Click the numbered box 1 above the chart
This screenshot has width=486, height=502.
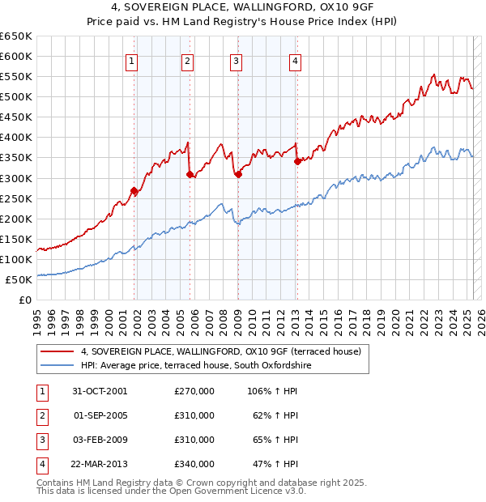coord(131,60)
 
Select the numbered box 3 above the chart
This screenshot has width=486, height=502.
coord(236,60)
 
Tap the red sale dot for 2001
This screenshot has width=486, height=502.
coord(134,191)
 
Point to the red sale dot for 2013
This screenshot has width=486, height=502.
coord(297,161)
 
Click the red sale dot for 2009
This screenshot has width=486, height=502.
coord(238,174)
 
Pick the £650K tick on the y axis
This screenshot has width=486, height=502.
coord(15,36)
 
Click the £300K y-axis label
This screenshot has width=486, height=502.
coord(15,178)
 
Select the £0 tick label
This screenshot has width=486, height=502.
coord(23,300)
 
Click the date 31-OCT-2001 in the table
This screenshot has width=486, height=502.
coord(100,391)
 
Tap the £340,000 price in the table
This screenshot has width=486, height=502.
coord(194,464)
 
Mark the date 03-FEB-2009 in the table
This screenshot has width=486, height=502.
coord(100,440)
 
